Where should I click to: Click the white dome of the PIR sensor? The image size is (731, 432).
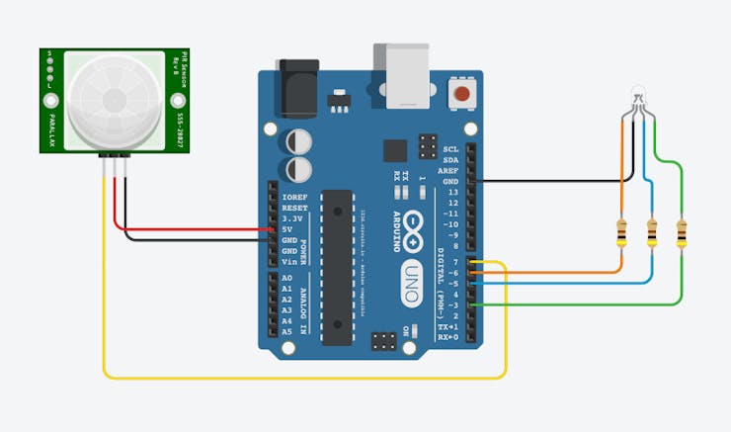[x=113, y=97]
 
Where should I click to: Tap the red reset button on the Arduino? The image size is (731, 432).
[x=460, y=96]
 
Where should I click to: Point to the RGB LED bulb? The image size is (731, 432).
[x=637, y=97]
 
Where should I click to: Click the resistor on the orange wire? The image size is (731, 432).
[x=621, y=234]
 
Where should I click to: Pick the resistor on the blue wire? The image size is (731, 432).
[x=651, y=234]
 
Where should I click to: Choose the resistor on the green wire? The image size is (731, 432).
[x=681, y=234]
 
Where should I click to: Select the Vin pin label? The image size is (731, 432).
[x=289, y=261]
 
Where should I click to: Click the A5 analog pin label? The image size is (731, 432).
[x=287, y=332]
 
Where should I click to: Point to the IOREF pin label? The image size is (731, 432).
[x=294, y=197]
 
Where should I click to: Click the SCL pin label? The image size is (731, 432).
[x=451, y=148]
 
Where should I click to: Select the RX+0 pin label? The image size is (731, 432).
[x=448, y=337]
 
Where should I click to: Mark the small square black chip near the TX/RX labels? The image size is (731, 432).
[x=394, y=151]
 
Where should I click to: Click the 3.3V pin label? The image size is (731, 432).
[x=292, y=218]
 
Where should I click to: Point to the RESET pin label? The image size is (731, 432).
[x=294, y=208]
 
